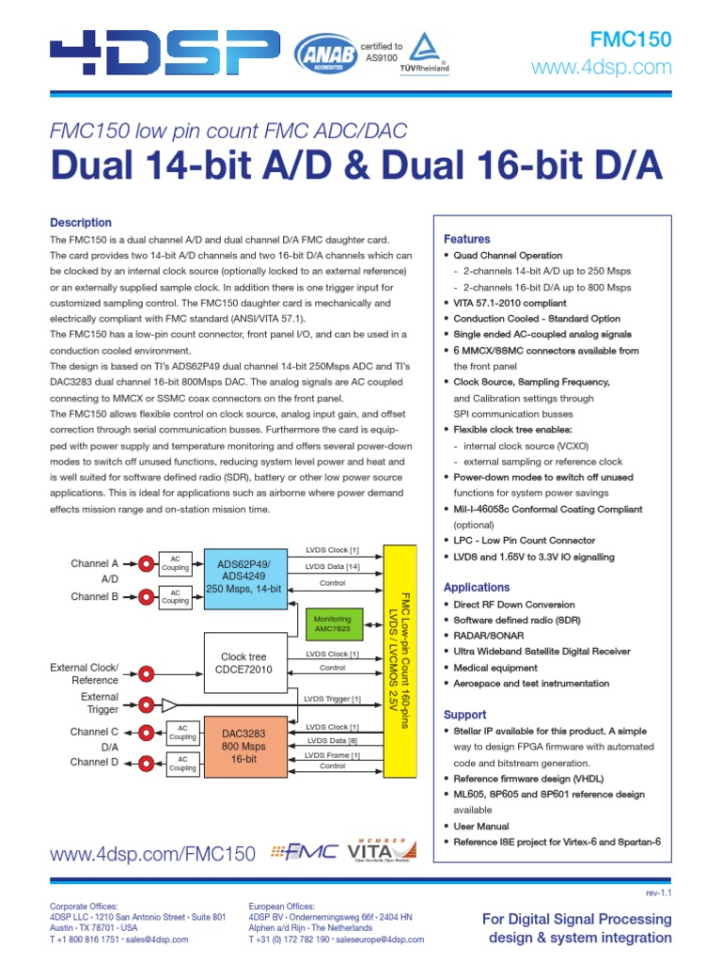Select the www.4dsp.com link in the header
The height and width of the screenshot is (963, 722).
click(602, 68)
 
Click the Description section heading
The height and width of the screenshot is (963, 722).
click(80, 223)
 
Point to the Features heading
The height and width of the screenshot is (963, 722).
click(467, 239)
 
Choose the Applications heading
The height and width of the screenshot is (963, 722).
click(477, 588)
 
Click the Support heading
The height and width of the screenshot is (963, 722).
click(465, 715)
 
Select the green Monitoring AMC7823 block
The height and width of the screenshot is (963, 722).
click(334, 624)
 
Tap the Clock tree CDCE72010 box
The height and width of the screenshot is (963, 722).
click(243, 663)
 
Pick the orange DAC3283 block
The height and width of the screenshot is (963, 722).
click(243, 746)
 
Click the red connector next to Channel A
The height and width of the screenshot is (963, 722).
click(148, 563)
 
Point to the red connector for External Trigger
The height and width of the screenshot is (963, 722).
click(148, 704)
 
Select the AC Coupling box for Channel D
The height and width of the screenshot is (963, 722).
click(183, 763)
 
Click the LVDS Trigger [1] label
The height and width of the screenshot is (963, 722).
click(332, 698)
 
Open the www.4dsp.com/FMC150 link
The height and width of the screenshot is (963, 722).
click(152, 854)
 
